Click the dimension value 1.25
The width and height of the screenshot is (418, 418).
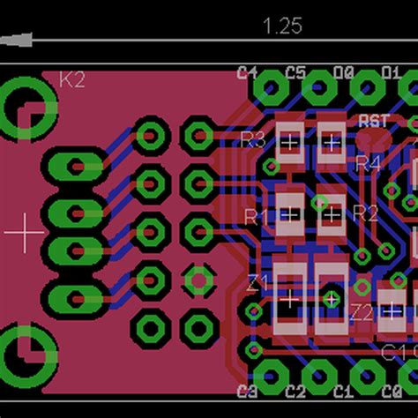[x=282, y=26]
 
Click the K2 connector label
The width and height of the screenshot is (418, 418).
[x=72, y=80]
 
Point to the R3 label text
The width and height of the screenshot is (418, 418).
[x=253, y=138]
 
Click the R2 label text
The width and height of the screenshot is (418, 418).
[x=365, y=213]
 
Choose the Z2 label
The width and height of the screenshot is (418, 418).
[x=362, y=311]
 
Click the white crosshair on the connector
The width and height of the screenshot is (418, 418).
[x=25, y=232]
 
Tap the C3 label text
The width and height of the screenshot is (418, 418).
[x=248, y=391]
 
